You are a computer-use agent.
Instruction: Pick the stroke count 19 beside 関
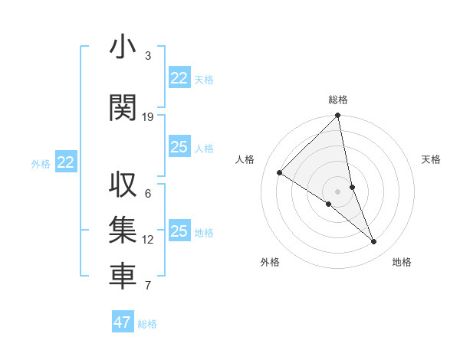pos(148,117)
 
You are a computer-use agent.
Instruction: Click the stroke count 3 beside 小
pos(148,56)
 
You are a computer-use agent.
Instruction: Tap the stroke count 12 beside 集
pos(148,240)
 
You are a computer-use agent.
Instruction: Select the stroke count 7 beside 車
pos(148,286)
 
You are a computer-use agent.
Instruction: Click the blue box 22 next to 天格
pos(179,78)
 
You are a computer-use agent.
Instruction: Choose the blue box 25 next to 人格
pos(179,147)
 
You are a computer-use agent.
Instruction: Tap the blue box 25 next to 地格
pos(179,231)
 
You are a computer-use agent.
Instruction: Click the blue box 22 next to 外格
pos(66,162)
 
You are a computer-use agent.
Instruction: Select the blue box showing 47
pos(123,322)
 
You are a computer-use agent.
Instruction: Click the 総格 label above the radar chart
pos(338,100)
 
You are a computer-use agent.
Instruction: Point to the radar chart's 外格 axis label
pos(270,262)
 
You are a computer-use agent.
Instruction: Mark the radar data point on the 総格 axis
pos(338,116)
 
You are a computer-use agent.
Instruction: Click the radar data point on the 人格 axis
pos(280,173)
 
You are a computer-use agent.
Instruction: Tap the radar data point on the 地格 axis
pos(374,242)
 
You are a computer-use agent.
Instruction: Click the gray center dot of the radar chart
pos(338,191)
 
